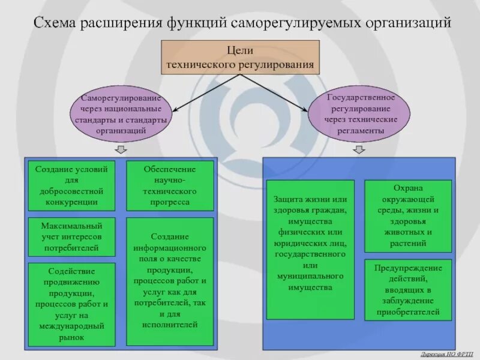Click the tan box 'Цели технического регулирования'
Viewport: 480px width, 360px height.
tap(240, 57)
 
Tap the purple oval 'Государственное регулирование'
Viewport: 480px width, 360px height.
tap(361, 113)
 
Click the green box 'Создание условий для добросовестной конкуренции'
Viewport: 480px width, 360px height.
tap(71, 185)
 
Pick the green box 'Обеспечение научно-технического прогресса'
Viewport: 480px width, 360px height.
tap(170, 185)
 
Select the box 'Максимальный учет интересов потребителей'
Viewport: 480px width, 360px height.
tap(71, 236)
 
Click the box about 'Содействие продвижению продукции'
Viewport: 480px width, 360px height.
tap(71, 304)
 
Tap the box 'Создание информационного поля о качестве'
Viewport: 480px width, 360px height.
tap(170, 281)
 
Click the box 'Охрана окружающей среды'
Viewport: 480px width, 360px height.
tap(408, 215)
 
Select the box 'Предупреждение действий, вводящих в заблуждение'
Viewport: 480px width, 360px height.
tap(408, 290)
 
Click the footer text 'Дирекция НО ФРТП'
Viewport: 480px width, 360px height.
tap(446, 355)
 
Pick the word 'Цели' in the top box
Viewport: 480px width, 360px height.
tap(240, 50)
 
